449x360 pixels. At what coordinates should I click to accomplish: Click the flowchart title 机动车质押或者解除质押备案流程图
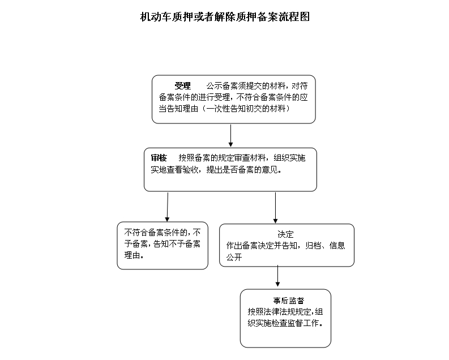point(225,16)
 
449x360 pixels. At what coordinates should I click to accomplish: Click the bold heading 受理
point(183,86)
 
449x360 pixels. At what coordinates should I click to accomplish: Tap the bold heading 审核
point(159,158)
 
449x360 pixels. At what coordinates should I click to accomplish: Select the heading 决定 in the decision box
point(285,234)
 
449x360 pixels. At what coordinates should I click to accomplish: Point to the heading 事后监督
point(288,301)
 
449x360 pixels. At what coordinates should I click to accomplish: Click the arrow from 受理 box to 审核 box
point(230,135)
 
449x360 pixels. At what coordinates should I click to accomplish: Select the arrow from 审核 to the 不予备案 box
point(168,207)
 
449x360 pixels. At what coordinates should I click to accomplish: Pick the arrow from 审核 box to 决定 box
point(276,208)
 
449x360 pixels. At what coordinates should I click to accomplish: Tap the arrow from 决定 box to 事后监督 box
point(277,276)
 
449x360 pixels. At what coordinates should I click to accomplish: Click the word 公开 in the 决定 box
point(234,258)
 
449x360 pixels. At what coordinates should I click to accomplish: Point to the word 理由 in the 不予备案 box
point(132,255)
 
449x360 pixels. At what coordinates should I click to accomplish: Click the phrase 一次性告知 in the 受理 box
point(226,109)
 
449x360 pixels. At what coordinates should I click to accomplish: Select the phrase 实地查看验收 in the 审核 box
point(175,170)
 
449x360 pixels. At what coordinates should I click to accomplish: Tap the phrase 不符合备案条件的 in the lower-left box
point(156,232)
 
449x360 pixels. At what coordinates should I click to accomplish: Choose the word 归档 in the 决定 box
point(313,246)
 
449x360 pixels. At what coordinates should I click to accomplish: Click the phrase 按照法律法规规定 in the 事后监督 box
point(279,312)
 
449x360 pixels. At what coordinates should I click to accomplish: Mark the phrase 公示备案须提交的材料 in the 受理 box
point(246,86)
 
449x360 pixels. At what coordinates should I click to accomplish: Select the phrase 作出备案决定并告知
point(262,246)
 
